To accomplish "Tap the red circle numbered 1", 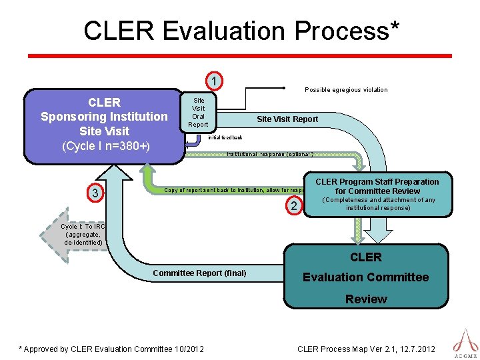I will click(x=213, y=81).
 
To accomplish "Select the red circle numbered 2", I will click(x=294, y=206).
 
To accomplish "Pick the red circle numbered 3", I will click(x=96, y=193).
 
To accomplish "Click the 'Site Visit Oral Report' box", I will click(x=198, y=112).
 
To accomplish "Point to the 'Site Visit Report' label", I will click(x=287, y=119).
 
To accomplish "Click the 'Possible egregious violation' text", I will click(x=345, y=90).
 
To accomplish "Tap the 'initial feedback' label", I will click(x=225, y=137).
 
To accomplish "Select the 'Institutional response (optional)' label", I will click(x=269, y=154).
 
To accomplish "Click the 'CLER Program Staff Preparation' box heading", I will click(x=377, y=186).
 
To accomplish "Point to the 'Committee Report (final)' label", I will click(x=199, y=273).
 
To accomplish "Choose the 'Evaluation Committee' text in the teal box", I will click(x=365, y=277).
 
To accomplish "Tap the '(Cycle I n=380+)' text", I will click(x=105, y=146).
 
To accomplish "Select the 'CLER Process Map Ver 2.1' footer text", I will click(x=365, y=349).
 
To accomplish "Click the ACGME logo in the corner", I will click(x=465, y=341).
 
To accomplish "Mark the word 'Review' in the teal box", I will click(x=365, y=299).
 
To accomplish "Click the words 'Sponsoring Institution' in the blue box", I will click(x=104, y=117).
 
